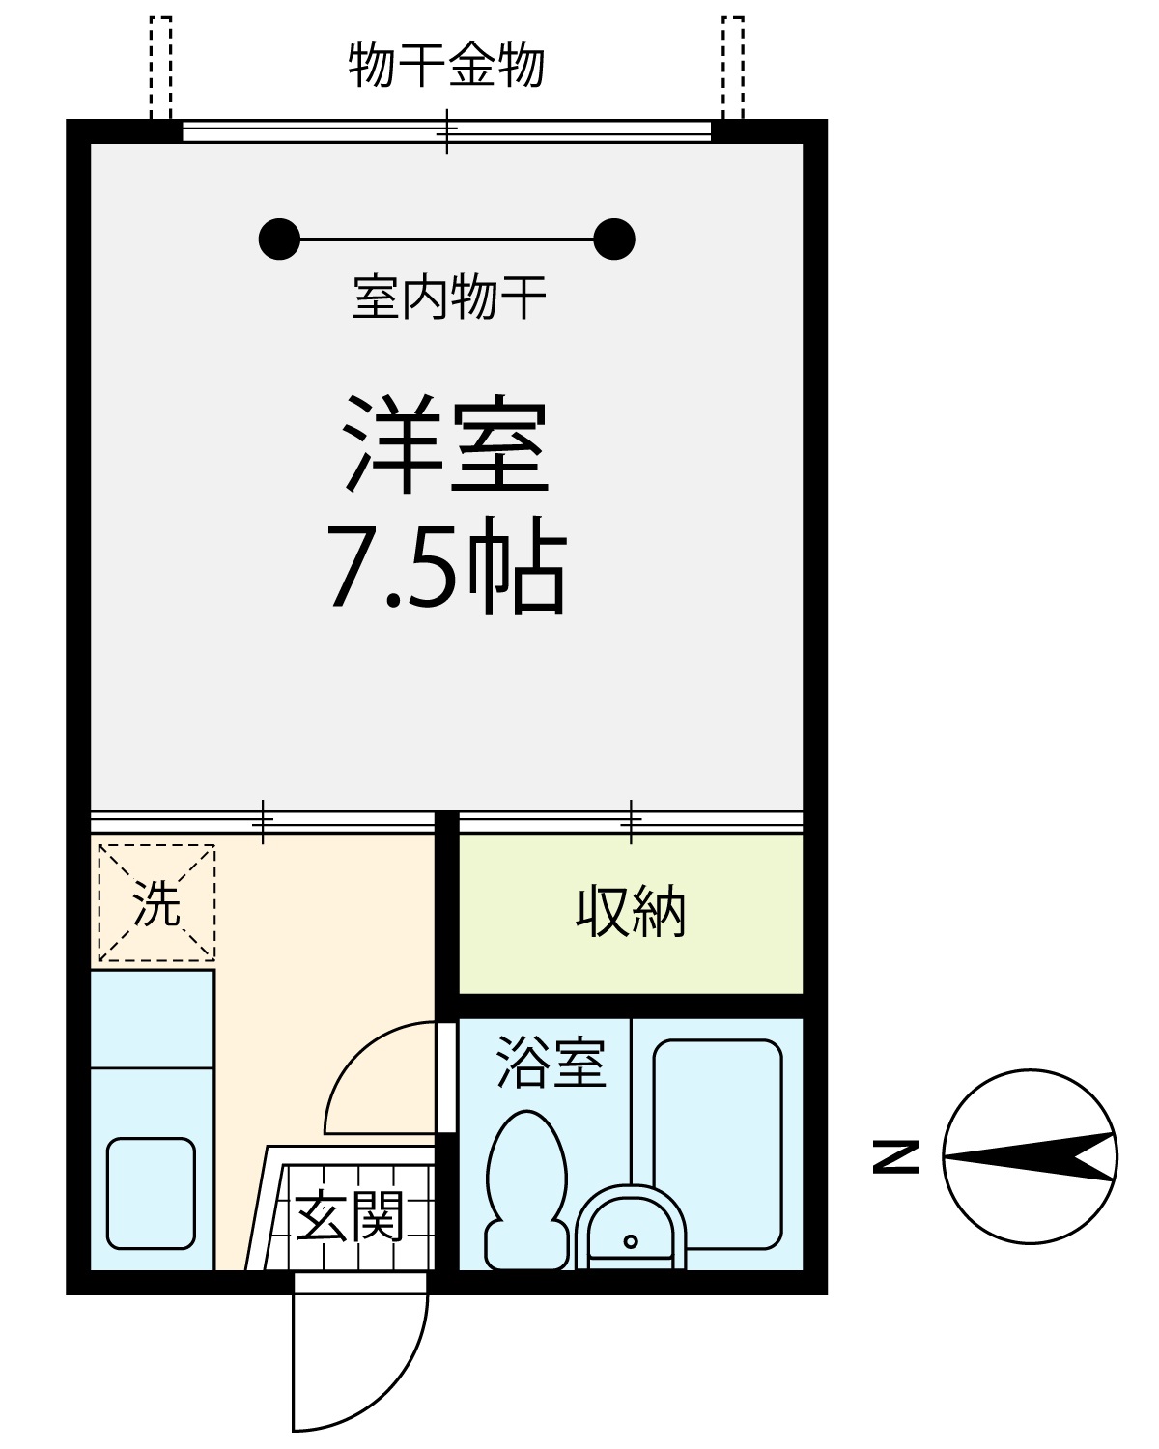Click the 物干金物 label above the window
[x=446, y=65]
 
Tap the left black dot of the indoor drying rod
[x=279, y=239]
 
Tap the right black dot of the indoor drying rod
[x=614, y=239]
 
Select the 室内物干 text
[x=449, y=297]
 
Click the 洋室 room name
[x=446, y=443]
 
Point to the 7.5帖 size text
[x=446, y=566]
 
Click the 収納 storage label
[x=631, y=912]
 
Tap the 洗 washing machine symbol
[x=156, y=903]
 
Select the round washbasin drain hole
[x=631, y=1241]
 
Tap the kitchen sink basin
[x=151, y=1194]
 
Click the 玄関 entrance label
[x=350, y=1216]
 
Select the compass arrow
[x=1029, y=1156]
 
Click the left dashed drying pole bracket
[x=160, y=69]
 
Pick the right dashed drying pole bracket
[x=733, y=69]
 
